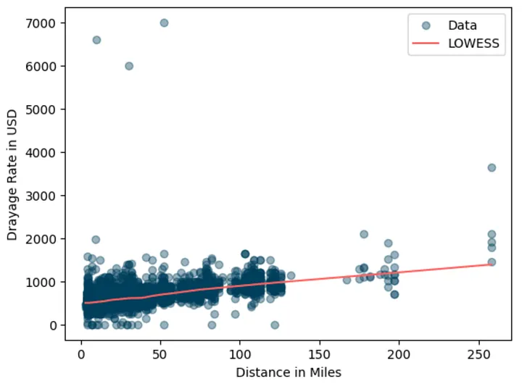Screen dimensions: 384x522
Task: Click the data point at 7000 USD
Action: pyautogui.click(x=164, y=23)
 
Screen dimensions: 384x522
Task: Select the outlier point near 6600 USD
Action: pyautogui.click(x=96, y=40)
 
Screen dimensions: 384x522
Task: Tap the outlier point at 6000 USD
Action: pyautogui.click(x=129, y=66)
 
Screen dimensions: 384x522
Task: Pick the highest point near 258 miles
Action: pyautogui.click(x=492, y=167)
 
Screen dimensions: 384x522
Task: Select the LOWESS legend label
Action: pyautogui.click(x=474, y=43)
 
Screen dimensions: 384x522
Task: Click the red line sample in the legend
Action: pyautogui.click(x=426, y=43)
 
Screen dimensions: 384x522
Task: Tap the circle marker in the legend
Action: pyautogui.click(x=426, y=25)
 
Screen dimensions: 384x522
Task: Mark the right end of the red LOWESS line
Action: pyautogui.click(x=492, y=264)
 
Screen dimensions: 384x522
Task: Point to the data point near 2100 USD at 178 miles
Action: pyautogui.click(x=364, y=234)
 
